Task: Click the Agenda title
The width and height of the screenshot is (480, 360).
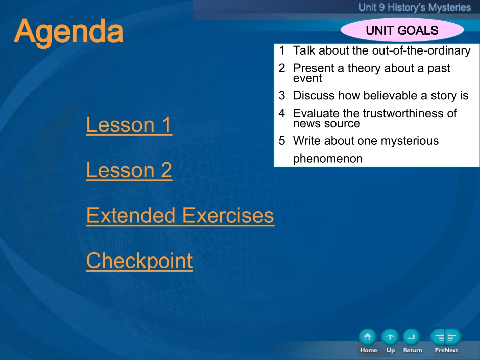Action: tap(69, 32)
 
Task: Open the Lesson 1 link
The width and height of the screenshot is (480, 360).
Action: tap(129, 125)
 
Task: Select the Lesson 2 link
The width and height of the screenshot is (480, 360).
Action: tap(129, 170)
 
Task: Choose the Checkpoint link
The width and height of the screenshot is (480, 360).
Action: tap(139, 261)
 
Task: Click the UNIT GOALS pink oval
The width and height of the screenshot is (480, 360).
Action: tap(402, 30)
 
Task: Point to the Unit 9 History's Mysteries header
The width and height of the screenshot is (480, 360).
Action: tap(415, 7)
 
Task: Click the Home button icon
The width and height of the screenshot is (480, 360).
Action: tap(368, 337)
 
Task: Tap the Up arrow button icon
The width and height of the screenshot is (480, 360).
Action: tap(390, 337)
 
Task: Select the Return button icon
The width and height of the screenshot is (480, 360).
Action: tap(411, 337)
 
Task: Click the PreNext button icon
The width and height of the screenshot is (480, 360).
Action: tap(446, 337)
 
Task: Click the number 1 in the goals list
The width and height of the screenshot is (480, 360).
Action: tap(282, 50)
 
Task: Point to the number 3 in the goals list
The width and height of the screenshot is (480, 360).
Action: tap(282, 96)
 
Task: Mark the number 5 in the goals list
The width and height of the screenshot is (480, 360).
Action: tap(282, 141)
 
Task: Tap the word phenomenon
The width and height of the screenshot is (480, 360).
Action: tap(327, 159)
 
